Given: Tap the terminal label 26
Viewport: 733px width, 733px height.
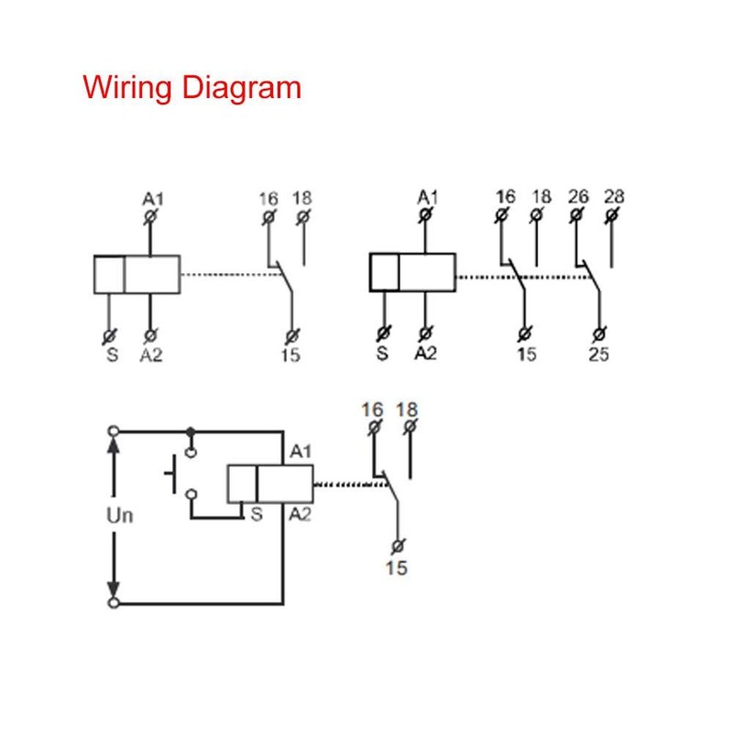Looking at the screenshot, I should (578, 196).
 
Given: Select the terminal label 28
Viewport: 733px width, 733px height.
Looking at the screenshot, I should (614, 196).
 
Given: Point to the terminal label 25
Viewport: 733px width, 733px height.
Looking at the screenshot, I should (598, 355).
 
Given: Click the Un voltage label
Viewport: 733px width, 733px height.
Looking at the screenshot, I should (120, 515).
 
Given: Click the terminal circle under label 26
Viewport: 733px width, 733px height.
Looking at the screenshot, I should (576, 216).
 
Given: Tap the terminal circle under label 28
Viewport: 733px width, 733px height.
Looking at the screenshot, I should (611, 216).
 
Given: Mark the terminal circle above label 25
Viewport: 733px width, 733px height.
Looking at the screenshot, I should (599, 334).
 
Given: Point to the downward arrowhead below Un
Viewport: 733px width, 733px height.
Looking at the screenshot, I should (114, 587).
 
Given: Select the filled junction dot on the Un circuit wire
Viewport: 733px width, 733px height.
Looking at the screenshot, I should (190, 431).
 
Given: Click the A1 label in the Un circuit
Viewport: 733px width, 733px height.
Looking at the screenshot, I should (301, 452).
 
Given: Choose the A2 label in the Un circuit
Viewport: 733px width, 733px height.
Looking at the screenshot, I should (301, 515).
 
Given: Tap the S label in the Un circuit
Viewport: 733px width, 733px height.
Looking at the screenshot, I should (256, 515).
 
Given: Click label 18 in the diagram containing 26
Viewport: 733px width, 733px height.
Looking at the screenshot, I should (542, 196).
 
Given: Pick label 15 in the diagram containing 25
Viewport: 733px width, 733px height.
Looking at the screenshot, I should (526, 355).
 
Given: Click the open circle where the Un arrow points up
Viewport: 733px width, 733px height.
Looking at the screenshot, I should (114, 431).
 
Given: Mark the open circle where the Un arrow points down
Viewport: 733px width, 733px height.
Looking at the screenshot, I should (114, 603).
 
